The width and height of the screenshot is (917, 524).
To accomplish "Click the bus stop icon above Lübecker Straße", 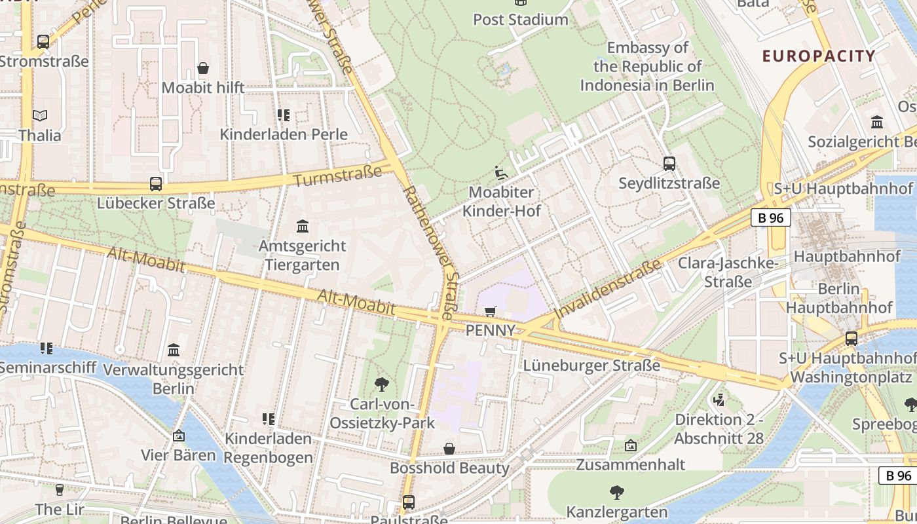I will click(x=156, y=184).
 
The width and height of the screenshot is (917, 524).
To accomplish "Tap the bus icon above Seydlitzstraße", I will click(x=669, y=164).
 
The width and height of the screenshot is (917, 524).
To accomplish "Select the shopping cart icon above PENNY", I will click(x=491, y=311).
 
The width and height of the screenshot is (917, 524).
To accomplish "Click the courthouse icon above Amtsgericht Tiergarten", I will click(x=303, y=227).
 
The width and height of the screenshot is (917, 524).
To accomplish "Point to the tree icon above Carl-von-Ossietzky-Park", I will click(x=382, y=384).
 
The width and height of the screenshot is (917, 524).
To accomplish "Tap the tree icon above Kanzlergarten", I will click(x=616, y=492).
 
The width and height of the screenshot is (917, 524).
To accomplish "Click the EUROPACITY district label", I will click(x=819, y=56).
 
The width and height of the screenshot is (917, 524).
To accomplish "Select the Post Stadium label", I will click(x=521, y=20).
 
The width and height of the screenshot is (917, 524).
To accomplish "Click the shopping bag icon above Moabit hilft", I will click(x=203, y=68).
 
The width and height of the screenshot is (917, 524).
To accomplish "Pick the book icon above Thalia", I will click(x=40, y=116).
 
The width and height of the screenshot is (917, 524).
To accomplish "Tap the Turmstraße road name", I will click(x=337, y=176).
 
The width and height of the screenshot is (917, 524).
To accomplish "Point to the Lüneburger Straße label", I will click(x=591, y=365).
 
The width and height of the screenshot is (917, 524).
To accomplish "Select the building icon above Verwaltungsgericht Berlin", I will click(x=174, y=350).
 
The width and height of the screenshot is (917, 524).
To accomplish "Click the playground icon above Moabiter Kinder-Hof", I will click(x=501, y=173).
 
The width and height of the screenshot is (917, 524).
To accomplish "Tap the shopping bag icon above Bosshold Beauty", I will click(x=449, y=449).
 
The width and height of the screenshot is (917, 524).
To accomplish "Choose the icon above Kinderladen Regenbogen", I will click(x=269, y=419).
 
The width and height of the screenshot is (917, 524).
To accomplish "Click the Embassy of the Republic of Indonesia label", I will click(x=647, y=66).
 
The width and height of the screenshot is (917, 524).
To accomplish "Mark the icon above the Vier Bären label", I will click(x=178, y=436).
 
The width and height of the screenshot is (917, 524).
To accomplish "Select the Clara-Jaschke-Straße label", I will click(x=728, y=272).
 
